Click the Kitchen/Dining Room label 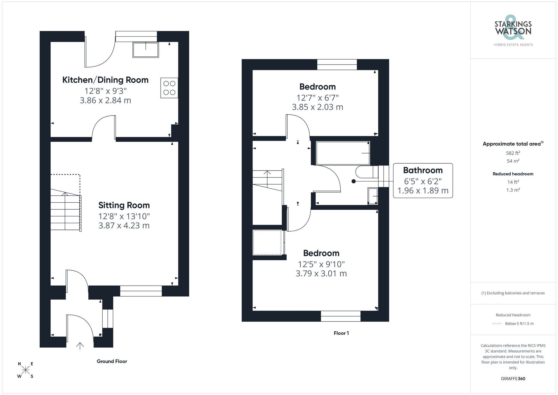coord(105,80)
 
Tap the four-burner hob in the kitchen coord(169,88)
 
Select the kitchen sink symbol coord(145,50)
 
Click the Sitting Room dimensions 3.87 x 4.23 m coord(124,226)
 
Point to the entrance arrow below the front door coord(80,346)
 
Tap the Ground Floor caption coord(112,361)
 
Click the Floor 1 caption coord(341,333)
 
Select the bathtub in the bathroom coord(343,153)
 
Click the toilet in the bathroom coord(365,172)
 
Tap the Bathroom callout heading coord(423,170)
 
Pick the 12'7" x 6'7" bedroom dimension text coord(318,98)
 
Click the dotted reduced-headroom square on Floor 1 coord(267,242)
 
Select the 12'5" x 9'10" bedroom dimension coord(321,264)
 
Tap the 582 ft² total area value coord(513,153)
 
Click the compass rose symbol coord(25,370)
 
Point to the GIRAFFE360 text coord(513,379)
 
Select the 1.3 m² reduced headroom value coord(513,190)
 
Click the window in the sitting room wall coord(141,291)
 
